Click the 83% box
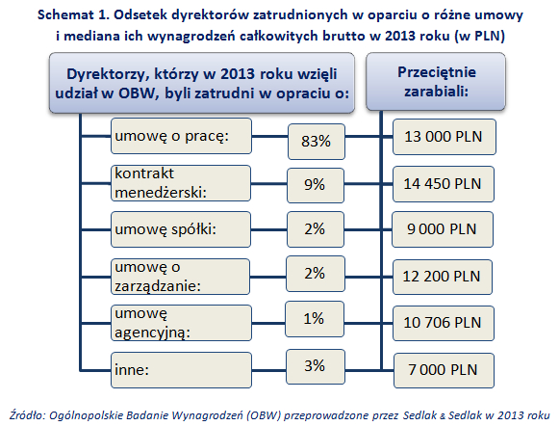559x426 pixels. coord(317,142)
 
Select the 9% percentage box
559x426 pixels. coord(316,185)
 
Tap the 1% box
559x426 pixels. coord(315,319)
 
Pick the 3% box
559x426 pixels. coord(316,366)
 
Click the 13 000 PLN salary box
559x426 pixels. coord(445,137)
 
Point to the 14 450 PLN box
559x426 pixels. coord(444,184)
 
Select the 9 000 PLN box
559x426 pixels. coord(443,229)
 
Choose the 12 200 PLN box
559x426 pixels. coord(442,277)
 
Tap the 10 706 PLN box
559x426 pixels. coord(444,323)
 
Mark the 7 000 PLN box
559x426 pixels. coord(444,370)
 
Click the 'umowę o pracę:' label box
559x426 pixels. coord(181,136)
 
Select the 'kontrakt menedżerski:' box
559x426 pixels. coord(181,183)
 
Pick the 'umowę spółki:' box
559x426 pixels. coord(181,229)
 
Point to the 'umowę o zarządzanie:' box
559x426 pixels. coord(180,277)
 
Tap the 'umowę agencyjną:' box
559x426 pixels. coord(181,323)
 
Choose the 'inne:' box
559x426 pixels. coord(181,370)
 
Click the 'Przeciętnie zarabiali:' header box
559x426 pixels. coord(436,82)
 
